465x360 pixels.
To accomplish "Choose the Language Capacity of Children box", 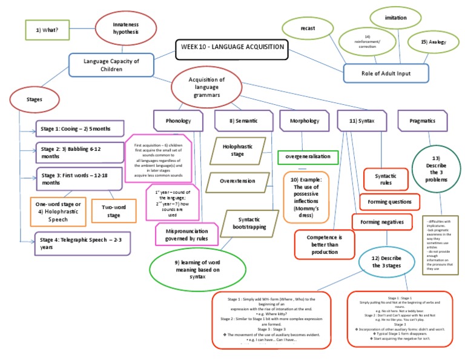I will pos(111,65).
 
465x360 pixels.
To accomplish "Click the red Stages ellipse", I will pos(30,100).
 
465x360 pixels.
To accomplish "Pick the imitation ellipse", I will pos(395,18).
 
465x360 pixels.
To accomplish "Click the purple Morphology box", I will pos(304,121).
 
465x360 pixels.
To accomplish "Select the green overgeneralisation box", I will pos(308,156).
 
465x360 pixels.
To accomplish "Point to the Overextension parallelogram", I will pos(236,181).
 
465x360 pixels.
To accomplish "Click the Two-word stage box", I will pos(114,211).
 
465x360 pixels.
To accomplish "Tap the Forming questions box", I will pos(389,201).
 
